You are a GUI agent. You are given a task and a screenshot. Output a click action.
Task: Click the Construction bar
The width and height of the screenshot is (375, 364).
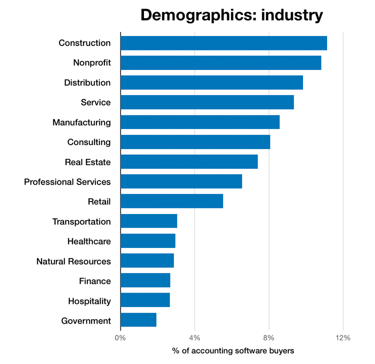[x=223, y=43]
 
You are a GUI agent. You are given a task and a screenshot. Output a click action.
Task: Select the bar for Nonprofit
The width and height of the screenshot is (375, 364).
[x=220, y=63]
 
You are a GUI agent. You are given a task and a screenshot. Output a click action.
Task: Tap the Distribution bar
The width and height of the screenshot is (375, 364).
[x=211, y=82]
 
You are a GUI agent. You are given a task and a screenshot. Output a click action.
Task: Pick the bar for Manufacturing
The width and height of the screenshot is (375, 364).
[x=200, y=122]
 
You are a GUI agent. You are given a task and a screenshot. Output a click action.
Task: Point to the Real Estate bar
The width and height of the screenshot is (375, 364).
[x=189, y=162]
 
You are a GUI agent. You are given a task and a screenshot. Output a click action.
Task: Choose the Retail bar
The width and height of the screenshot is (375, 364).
[x=171, y=201]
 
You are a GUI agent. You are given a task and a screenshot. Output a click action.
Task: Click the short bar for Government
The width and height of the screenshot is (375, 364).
[x=138, y=320]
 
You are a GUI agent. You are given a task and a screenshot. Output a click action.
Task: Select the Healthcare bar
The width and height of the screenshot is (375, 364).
[x=148, y=241]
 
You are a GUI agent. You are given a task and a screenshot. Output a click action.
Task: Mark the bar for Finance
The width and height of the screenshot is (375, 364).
[x=145, y=281]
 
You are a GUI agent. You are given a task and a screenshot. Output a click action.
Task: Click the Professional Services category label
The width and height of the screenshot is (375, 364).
[x=67, y=182]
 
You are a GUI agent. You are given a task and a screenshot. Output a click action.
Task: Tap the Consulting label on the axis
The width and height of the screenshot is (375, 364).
[x=89, y=142]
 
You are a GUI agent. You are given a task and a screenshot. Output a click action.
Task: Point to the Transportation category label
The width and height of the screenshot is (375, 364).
[x=81, y=221]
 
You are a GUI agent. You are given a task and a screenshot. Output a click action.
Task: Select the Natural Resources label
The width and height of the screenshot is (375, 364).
[x=73, y=261]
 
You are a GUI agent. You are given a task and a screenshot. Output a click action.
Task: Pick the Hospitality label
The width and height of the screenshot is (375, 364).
[x=89, y=301]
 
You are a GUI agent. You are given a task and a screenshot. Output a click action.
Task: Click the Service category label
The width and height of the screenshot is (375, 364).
[x=95, y=102]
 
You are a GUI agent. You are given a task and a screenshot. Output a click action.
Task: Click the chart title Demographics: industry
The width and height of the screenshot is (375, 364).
[x=231, y=15]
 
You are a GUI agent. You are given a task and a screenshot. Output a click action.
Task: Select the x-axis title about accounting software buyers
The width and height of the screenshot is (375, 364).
[x=233, y=351]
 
